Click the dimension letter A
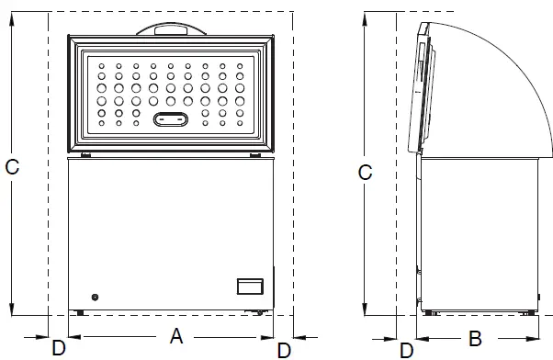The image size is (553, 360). pos(176,336)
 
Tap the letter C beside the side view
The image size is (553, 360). pos(365,172)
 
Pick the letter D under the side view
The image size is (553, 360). pos(406,349)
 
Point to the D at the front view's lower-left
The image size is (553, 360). pos(58,348)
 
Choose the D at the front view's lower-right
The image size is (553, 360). pos(285,349)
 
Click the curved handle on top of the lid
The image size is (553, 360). pos(174,29)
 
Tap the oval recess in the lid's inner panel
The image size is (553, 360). pos(172,118)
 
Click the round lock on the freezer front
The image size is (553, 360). pos(95,297)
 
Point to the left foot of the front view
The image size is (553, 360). pos(81,313)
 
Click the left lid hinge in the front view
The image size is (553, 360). pos(83,154)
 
